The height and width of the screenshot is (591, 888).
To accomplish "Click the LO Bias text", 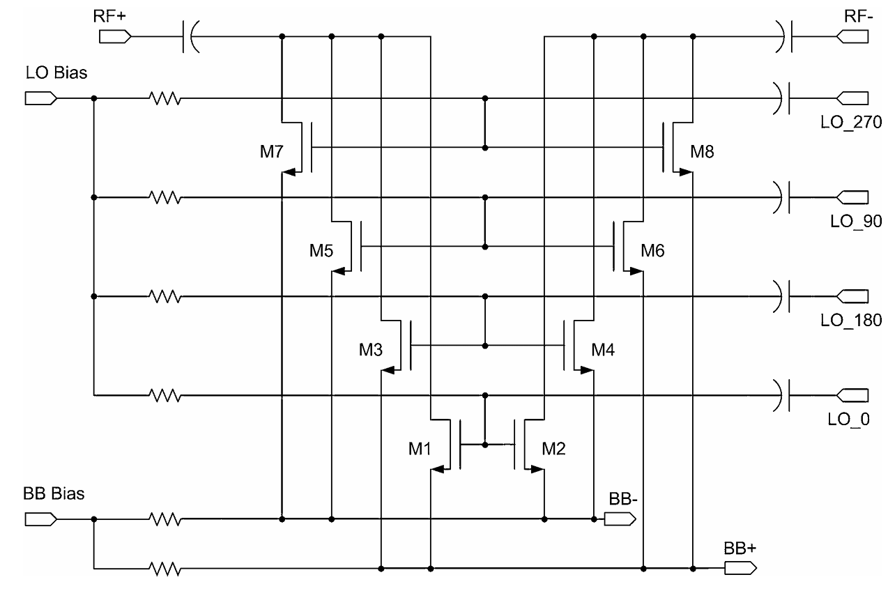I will click(x=56, y=73).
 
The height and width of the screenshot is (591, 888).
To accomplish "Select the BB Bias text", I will click(x=54, y=494).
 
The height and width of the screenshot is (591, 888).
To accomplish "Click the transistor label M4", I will click(x=604, y=348).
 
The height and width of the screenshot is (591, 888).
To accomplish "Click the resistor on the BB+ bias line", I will click(x=164, y=569).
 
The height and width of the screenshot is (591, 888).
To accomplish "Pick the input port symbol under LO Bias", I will click(x=40, y=99).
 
